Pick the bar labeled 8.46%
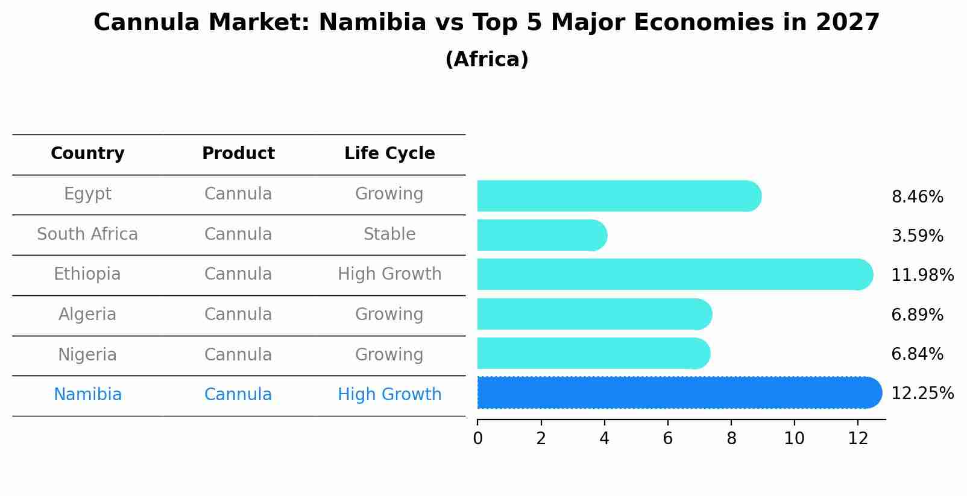pyautogui.click(x=619, y=196)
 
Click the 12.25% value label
pyautogui.click(x=922, y=394)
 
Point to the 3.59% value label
pyautogui.click(x=917, y=236)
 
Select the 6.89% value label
pyautogui.click(x=917, y=315)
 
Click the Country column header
pyautogui.click(x=87, y=154)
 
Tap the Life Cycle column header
pyautogui.click(x=389, y=154)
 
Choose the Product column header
pyautogui.click(x=238, y=154)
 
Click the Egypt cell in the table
pyautogui.click(x=87, y=194)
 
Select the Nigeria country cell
pyautogui.click(x=87, y=354)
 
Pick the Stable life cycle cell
pyautogui.click(x=389, y=234)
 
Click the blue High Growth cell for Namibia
pyautogui.click(x=389, y=395)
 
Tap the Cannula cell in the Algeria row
pyautogui.click(x=238, y=315)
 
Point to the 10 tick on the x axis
pyautogui.click(x=794, y=439)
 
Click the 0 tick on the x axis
pyautogui.click(x=477, y=439)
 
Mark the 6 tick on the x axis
pyautogui.click(x=667, y=439)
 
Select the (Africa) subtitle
pyautogui.click(x=487, y=60)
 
